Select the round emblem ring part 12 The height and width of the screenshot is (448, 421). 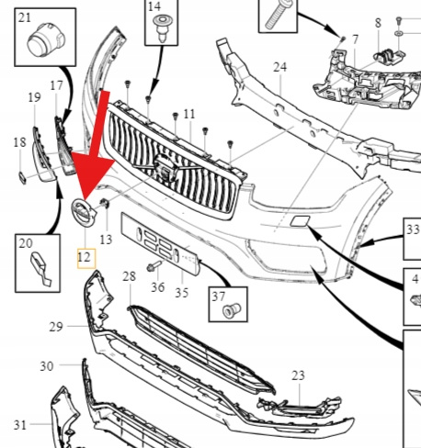[84, 213]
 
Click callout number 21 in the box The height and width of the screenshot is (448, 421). [25, 17]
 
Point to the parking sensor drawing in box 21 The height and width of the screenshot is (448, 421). [46, 39]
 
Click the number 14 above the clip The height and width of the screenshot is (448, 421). [154, 6]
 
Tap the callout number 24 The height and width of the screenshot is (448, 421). [280, 67]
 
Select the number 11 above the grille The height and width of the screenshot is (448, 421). [189, 114]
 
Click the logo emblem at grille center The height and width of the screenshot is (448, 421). [165, 169]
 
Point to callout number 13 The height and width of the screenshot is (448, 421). [106, 240]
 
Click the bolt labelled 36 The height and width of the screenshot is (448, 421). [154, 265]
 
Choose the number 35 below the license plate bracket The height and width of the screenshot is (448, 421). [182, 293]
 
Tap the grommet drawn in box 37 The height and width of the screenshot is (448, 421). [232, 310]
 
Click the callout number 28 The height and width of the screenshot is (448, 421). [129, 276]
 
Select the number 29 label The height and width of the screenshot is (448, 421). [56, 327]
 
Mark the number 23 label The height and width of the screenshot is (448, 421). [298, 375]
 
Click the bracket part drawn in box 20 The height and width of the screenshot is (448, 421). [40, 269]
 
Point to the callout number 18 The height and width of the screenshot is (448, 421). [20, 142]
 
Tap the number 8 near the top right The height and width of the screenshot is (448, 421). [378, 23]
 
